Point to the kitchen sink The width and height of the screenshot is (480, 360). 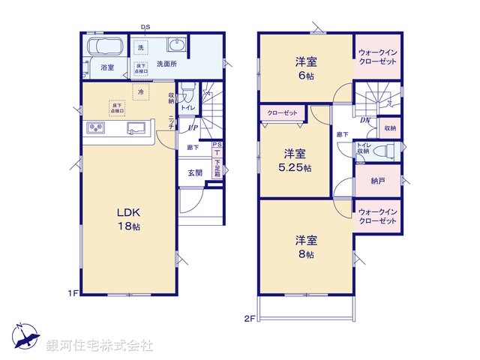pyautogui.click(x=137, y=128)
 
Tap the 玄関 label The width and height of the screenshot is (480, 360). pyautogui.click(x=195, y=172)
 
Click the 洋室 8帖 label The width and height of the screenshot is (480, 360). pyautogui.click(x=304, y=247)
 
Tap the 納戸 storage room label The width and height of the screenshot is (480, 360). pyautogui.click(x=378, y=181)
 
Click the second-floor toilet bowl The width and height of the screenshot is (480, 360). pyautogui.click(x=385, y=150)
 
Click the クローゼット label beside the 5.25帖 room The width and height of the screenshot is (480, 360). pyautogui.click(x=282, y=113)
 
